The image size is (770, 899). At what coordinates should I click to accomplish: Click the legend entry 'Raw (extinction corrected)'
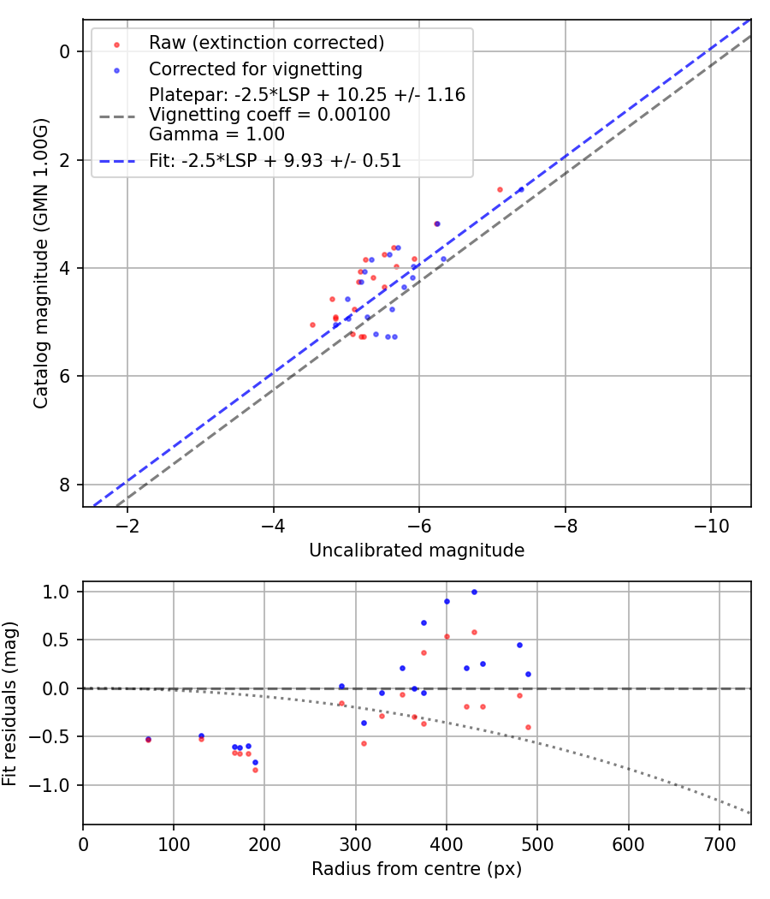tap(266, 43)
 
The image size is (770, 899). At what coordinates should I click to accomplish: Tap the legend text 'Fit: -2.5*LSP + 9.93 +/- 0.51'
tap(275, 161)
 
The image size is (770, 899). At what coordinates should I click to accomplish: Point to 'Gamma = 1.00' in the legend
tap(216, 134)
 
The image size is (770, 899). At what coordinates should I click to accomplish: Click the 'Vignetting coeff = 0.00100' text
tap(269, 115)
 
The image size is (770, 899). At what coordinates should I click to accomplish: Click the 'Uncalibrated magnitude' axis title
tap(417, 551)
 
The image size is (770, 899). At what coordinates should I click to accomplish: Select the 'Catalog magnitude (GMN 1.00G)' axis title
tap(41, 263)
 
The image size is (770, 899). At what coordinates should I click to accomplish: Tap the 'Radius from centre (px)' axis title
tap(417, 869)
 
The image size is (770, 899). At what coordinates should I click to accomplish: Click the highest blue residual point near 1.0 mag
tap(474, 592)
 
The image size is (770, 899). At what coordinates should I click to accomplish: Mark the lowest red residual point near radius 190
tap(255, 770)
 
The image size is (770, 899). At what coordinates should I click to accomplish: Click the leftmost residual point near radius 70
tap(148, 739)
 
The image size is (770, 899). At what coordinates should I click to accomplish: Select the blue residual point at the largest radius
tap(528, 674)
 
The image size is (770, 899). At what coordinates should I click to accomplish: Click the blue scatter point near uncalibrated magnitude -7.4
tap(520, 189)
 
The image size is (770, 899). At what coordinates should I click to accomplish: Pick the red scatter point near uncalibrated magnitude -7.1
tap(500, 189)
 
